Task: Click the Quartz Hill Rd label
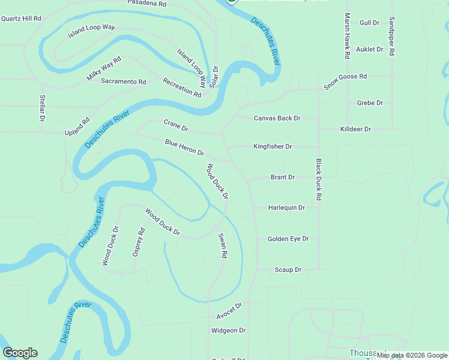(21, 19)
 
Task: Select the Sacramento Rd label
(124, 82)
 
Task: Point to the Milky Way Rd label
(104, 68)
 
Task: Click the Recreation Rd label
(182, 88)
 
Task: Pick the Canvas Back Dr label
(277, 118)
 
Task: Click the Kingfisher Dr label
(273, 146)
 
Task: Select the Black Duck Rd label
(319, 179)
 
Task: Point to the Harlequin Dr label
(286, 208)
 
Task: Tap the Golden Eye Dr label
(288, 239)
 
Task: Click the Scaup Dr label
(288, 270)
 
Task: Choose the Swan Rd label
(223, 246)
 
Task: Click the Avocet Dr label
(229, 310)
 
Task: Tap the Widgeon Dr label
(229, 331)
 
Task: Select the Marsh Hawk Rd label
(347, 36)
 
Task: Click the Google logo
(20, 353)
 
